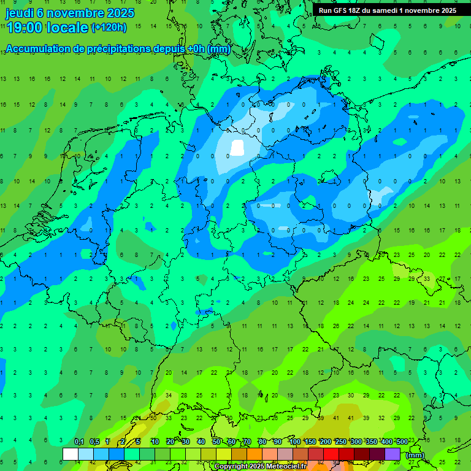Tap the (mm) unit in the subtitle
tap(218, 48)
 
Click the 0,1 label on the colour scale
tap(79, 442)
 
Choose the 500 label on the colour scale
tap(402, 442)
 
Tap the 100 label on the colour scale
tap(295, 442)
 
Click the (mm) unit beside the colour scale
tap(416, 455)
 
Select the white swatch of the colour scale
tap(70, 454)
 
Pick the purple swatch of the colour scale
tap(392, 454)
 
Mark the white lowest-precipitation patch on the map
tap(237, 148)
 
